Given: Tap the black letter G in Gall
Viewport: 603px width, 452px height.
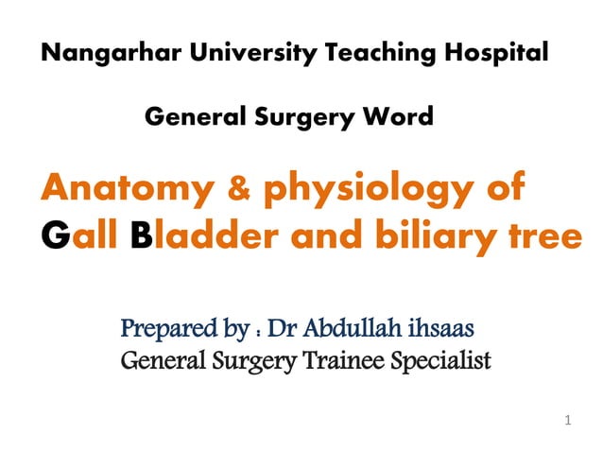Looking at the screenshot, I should [x=56, y=235].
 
